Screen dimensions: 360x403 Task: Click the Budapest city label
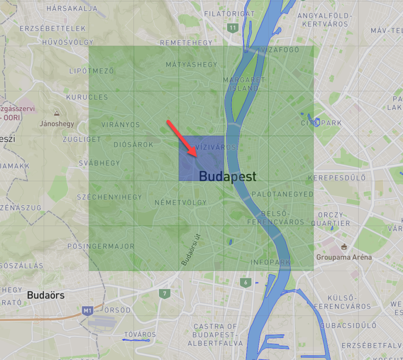(227, 176)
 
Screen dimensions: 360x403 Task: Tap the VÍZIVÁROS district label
(216, 147)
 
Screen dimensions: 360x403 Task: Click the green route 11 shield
(233, 28)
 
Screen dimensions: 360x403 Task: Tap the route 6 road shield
(246, 282)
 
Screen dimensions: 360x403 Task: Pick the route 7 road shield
(165, 293)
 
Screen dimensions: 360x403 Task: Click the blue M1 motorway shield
(87, 311)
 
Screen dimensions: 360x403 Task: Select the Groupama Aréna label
(344, 257)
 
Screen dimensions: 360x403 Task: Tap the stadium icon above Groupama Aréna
(344, 247)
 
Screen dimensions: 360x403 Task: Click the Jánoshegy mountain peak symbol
(57, 113)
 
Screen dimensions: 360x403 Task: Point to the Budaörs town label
(46, 295)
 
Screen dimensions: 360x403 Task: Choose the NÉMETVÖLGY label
(181, 202)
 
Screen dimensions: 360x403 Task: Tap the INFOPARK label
(270, 262)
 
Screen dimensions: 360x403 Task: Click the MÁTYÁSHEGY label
(191, 65)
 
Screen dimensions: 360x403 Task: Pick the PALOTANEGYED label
(283, 194)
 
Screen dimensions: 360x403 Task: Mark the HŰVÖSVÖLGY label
(68, 42)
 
